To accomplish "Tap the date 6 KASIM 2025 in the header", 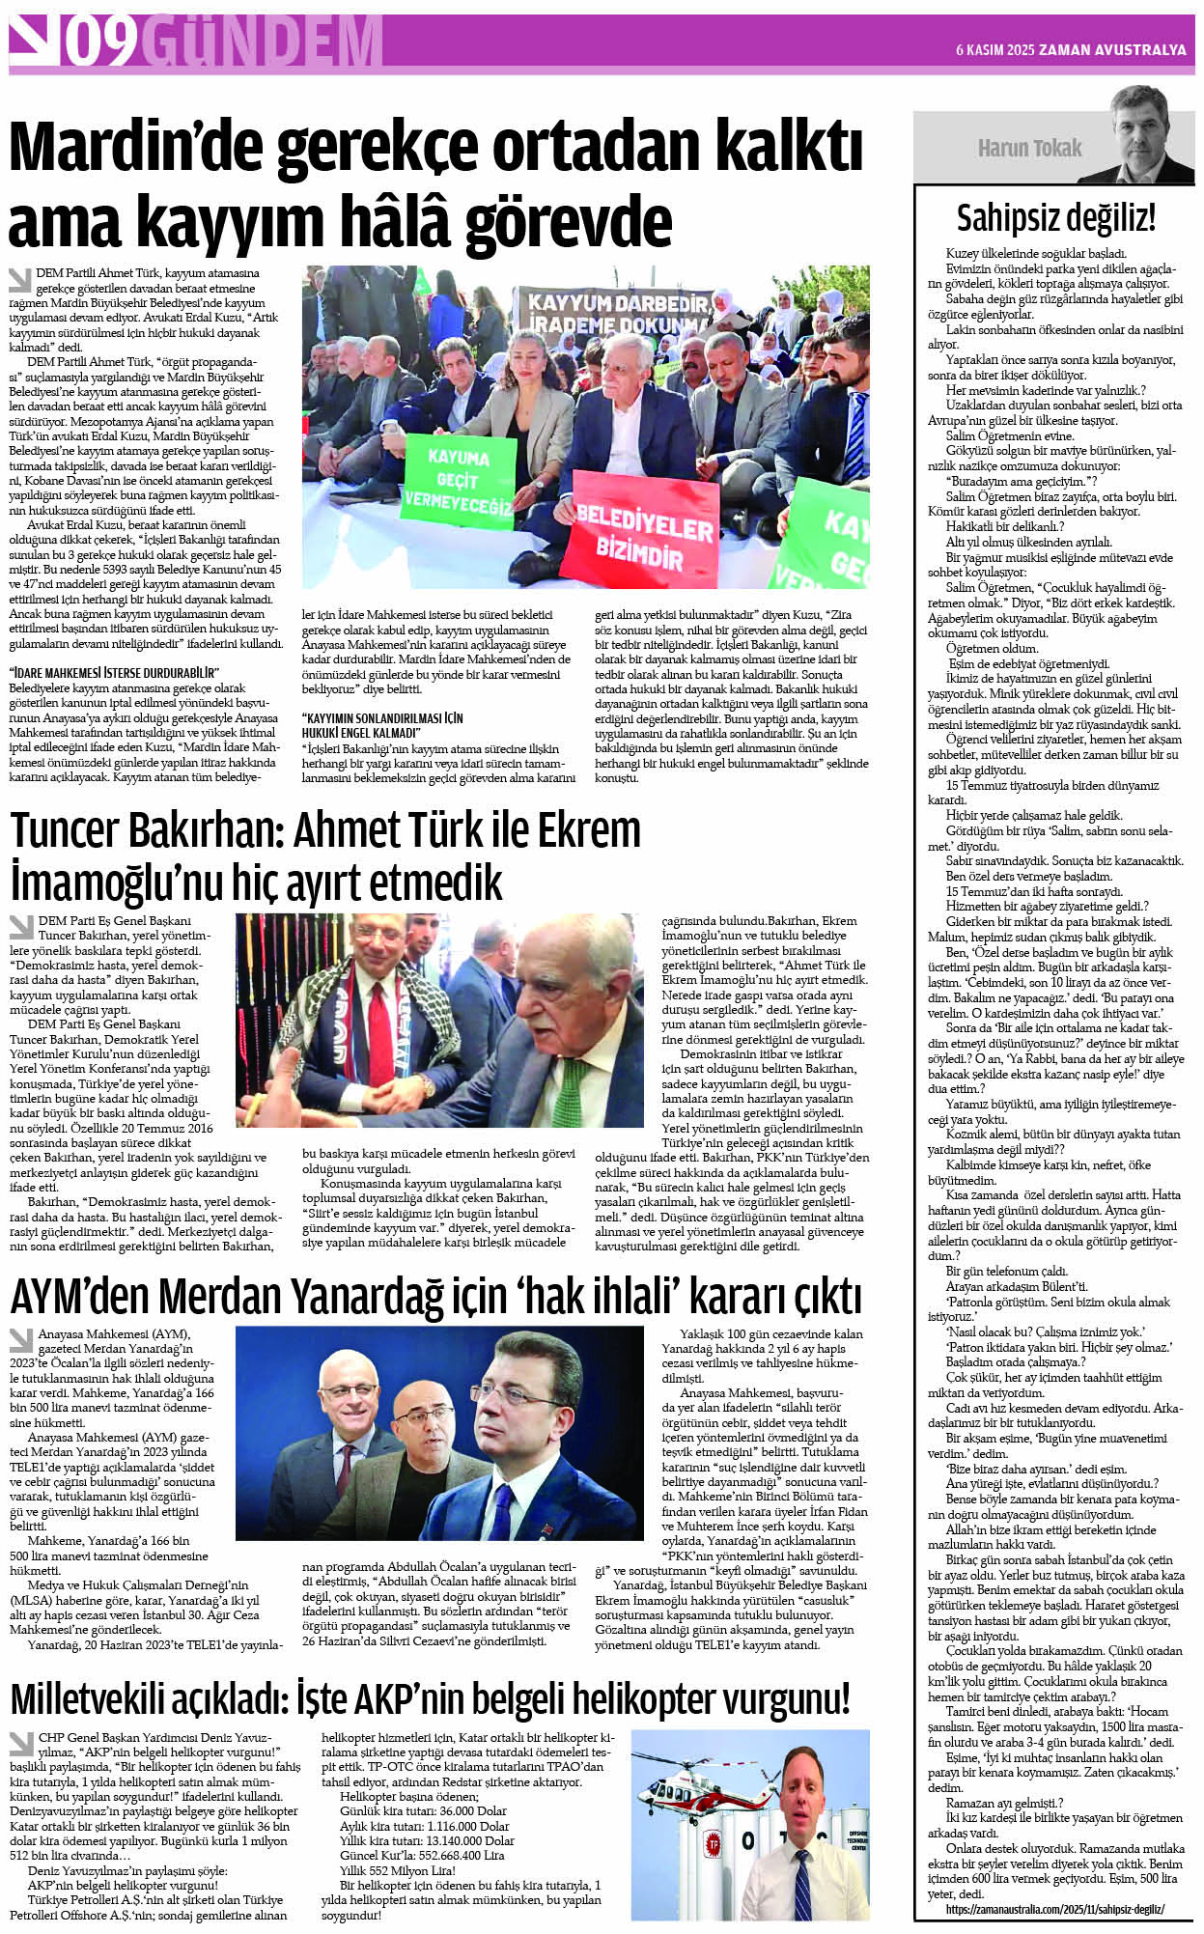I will (x=994, y=50).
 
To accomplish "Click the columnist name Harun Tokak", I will (x=1029, y=148).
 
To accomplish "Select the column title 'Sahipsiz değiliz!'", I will (x=1055, y=218).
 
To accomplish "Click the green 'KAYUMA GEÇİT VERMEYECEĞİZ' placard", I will (x=458, y=480).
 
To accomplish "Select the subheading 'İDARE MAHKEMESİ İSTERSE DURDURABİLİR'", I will (x=115, y=672).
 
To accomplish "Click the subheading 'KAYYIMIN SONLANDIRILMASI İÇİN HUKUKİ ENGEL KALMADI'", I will (x=382, y=725).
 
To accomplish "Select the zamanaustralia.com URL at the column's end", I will (x=1054, y=1909).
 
